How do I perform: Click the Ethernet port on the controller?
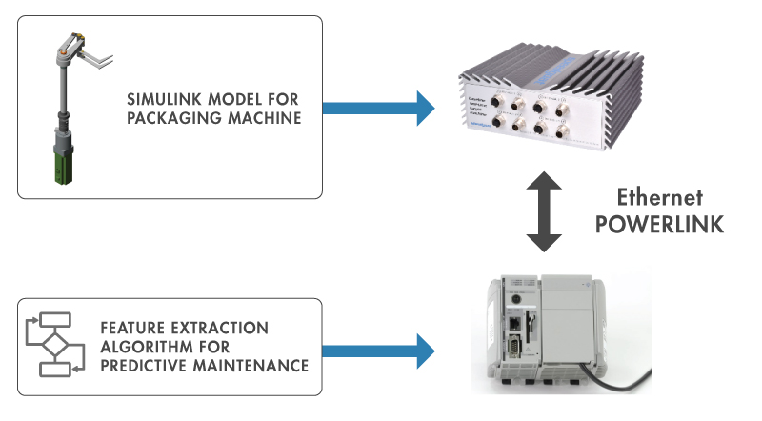pos(515,324)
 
